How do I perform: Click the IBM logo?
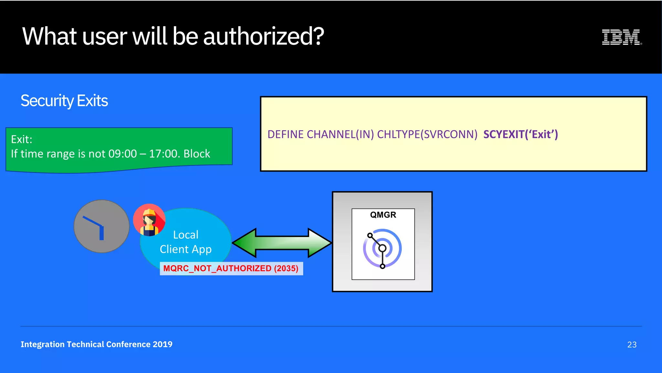click(x=622, y=37)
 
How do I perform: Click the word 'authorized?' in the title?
click(x=263, y=36)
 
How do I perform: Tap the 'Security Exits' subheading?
click(x=64, y=101)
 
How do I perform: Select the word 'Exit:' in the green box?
click(x=22, y=139)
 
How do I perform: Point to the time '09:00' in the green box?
click(x=123, y=154)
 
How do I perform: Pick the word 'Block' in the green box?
click(x=197, y=154)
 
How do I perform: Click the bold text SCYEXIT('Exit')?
click(x=520, y=134)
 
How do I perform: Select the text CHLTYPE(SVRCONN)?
click(x=427, y=134)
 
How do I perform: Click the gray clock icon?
click(x=101, y=226)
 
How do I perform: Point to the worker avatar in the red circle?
click(x=149, y=220)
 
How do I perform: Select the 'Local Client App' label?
click(x=186, y=242)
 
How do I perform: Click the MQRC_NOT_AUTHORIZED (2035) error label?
click(x=231, y=268)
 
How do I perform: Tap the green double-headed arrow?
click(x=282, y=243)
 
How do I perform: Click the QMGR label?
click(x=383, y=215)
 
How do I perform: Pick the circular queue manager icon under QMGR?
click(x=382, y=249)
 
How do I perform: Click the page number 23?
click(x=632, y=345)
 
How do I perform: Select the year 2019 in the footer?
click(x=163, y=344)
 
